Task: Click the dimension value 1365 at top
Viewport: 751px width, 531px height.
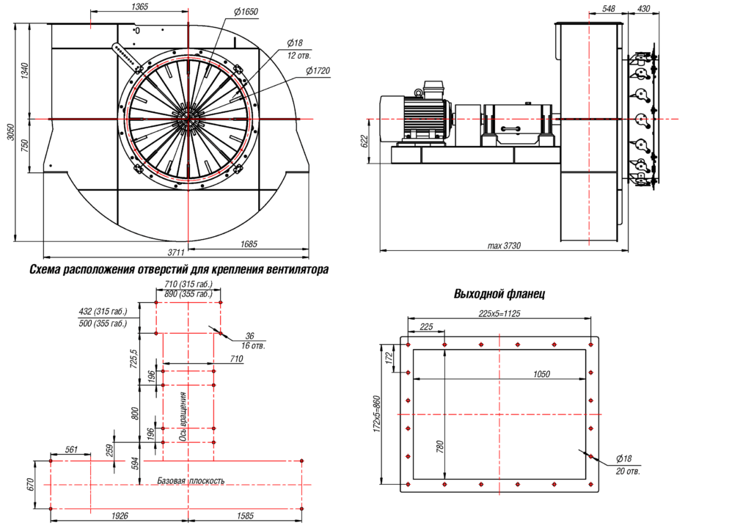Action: coord(139,7)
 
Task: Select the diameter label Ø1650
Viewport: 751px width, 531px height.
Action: coord(246,12)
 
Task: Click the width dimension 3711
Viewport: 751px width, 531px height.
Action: coord(175,253)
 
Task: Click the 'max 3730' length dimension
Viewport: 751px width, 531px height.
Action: coord(504,246)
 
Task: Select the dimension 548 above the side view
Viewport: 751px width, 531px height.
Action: coord(608,8)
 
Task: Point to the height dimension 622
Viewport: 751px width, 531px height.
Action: coord(364,142)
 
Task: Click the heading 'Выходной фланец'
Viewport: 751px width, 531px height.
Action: coord(499,295)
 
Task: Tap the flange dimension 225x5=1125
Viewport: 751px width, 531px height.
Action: coord(499,314)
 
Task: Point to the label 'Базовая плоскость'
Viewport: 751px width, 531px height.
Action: coord(191,481)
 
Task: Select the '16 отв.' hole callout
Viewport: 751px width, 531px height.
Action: coord(253,344)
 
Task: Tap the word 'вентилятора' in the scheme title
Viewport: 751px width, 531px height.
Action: coord(294,270)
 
